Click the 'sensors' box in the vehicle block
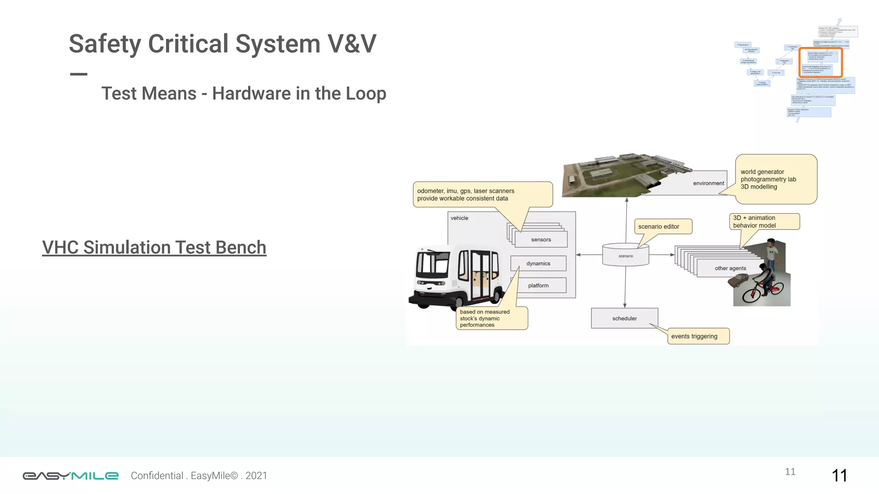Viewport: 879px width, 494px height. coord(541,239)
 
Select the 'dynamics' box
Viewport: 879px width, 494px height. coord(538,263)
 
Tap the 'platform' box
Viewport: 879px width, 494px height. coord(538,285)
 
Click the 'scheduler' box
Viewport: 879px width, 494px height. coord(624,318)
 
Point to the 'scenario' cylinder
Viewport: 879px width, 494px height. coord(626,256)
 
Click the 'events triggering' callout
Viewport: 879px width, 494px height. coord(697,336)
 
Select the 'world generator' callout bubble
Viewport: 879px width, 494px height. coord(776,179)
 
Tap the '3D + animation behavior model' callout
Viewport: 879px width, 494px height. coord(764,222)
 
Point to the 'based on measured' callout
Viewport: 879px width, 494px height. coord(491,318)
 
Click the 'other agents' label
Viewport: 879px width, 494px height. coord(730,268)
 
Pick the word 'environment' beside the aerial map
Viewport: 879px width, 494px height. coord(708,183)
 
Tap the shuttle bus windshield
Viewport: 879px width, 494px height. coord(433,262)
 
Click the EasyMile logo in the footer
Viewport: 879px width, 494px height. coord(70,476)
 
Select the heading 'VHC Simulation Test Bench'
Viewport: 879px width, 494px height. coord(154,247)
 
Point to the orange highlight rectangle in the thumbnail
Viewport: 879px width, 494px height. coord(821,62)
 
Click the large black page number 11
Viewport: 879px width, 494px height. coord(839,476)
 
